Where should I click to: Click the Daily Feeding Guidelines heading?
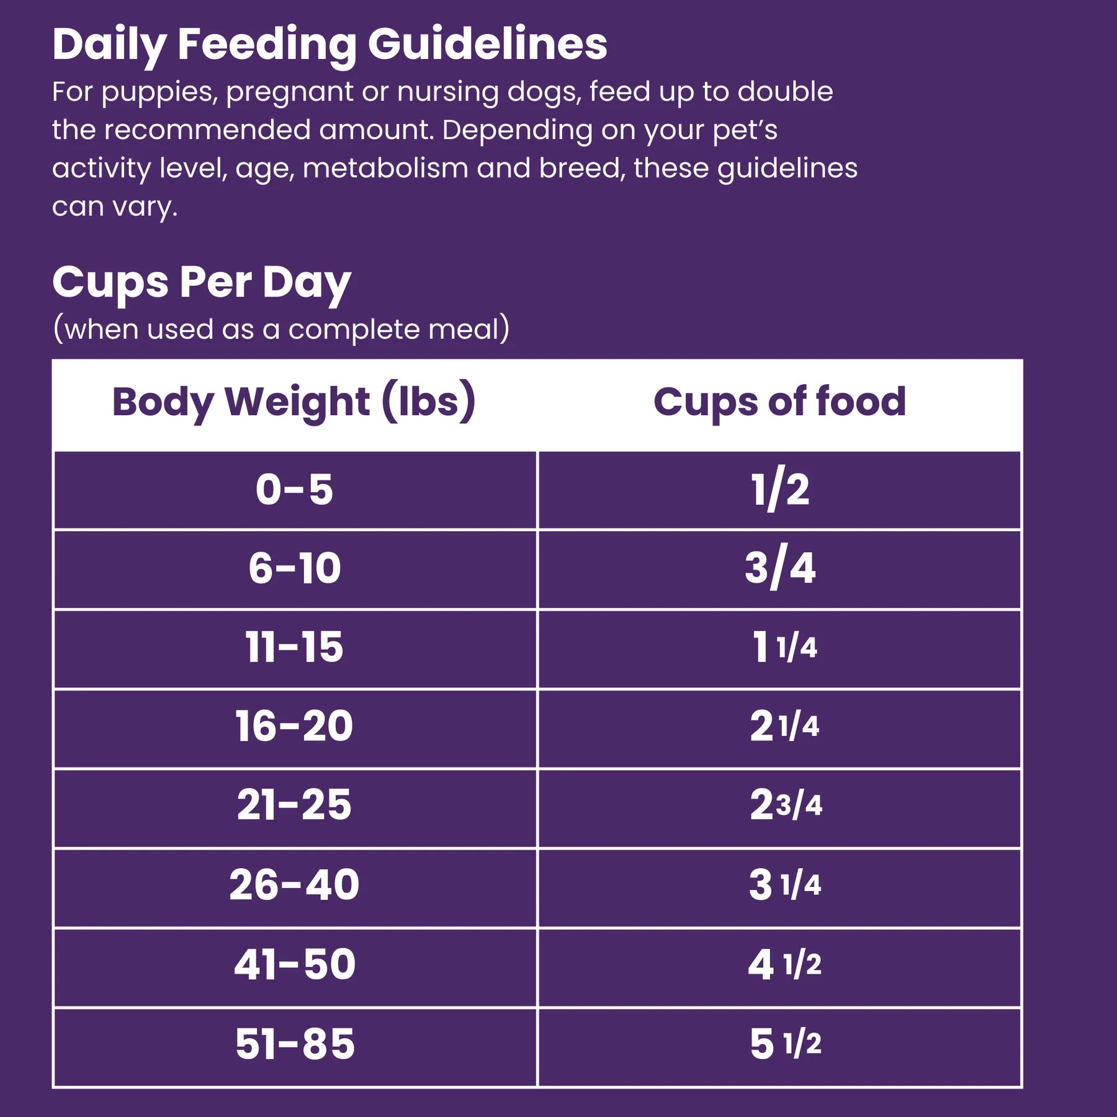[x=330, y=45]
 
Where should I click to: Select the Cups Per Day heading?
[x=202, y=283]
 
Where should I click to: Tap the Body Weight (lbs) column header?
[x=294, y=402]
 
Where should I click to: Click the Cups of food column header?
[x=779, y=402]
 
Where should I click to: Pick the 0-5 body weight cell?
[x=294, y=490]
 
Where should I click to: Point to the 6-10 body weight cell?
[x=294, y=568]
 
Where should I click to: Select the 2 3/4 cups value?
[x=785, y=805]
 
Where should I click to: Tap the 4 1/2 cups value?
[x=784, y=964]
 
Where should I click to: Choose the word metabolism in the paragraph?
[x=385, y=169]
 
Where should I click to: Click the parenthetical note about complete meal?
[x=281, y=329]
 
